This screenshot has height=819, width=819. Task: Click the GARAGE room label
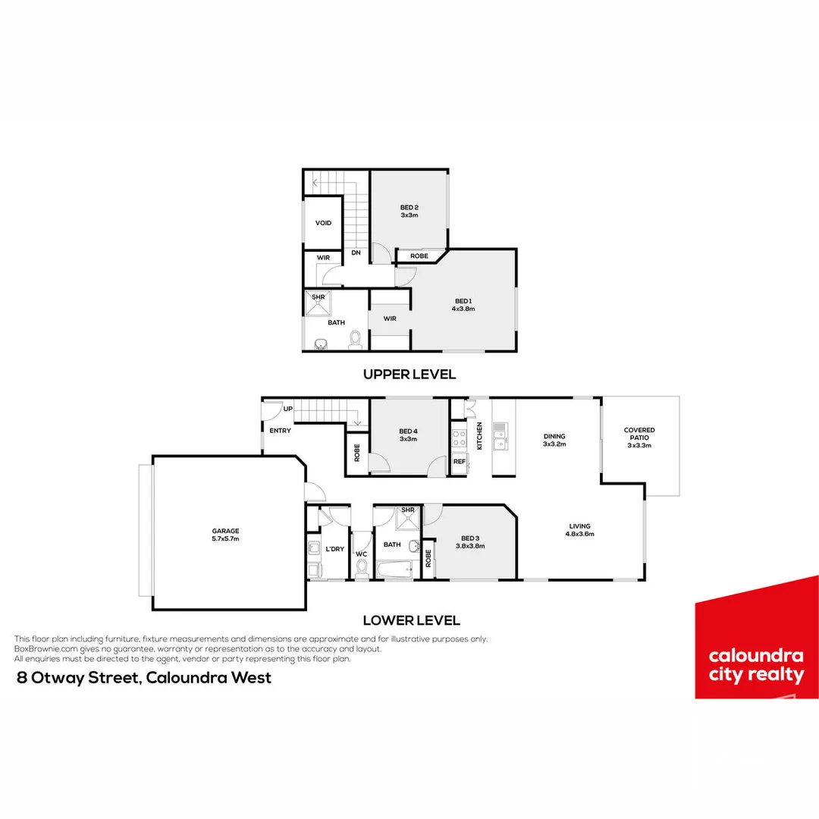pos(225,531)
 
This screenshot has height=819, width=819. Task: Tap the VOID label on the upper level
pos(323,223)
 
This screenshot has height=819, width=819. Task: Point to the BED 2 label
pos(409,208)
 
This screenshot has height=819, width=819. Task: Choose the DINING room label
pos(554,436)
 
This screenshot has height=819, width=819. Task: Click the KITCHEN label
pos(479,437)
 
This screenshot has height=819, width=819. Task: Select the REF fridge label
pos(458,461)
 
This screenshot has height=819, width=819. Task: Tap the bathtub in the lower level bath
pos(394,570)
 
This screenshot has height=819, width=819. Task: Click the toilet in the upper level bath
pos(354,340)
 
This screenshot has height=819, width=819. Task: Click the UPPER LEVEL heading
pos(409,374)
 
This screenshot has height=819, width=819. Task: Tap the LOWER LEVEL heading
pos(411,620)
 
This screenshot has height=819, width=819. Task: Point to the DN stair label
pos(356,253)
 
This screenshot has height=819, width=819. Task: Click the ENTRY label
pos(280,431)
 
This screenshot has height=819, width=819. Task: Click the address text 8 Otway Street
pos(144,678)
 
